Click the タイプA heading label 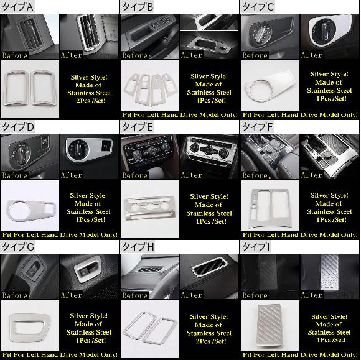pos(17,7)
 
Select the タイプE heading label pos(138,127)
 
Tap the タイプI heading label pos(256,247)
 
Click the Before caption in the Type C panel pos(255,55)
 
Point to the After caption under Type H pos(191,295)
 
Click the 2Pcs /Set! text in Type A pos(91,101)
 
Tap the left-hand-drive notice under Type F pos(300,234)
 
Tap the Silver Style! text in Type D pos(88,195)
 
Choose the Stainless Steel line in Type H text pos(209,333)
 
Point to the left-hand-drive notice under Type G pos(60,354)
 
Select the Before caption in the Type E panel pos(134,175)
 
